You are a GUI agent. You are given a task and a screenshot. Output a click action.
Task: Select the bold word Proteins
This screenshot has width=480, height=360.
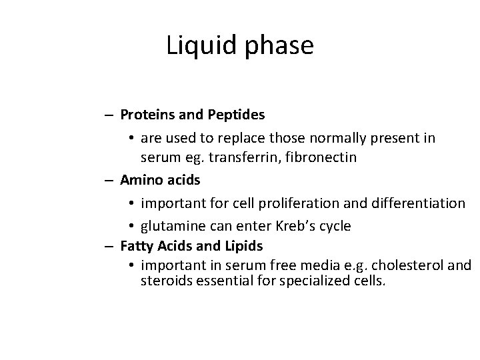[x=147, y=115]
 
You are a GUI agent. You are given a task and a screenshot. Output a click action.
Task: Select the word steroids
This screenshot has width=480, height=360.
[x=166, y=281]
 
